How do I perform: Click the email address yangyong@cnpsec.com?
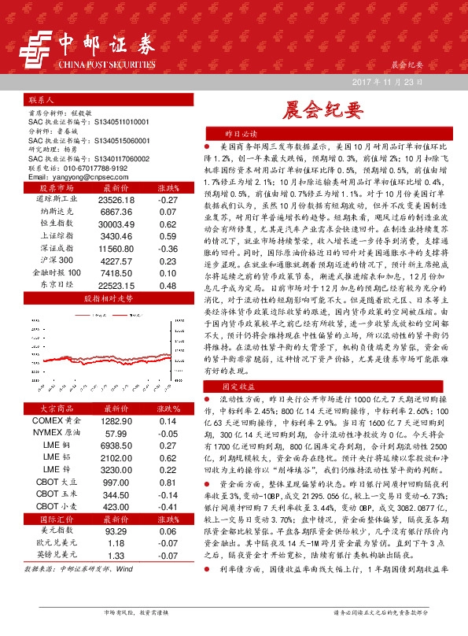[x=78, y=178]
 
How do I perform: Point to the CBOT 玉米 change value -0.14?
[x=168, y=495]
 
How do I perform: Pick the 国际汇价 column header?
[x=55, y=520]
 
